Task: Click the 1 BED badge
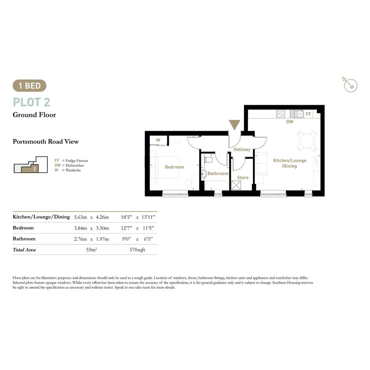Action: pos(29,86)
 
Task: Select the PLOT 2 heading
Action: pos(31,102)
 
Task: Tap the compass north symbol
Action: pos(350,85)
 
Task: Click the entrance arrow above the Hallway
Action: pos(234,125)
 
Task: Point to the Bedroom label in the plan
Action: pos(174,167)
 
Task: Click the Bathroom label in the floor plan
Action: pos(218,173)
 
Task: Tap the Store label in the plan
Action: pos(243,177)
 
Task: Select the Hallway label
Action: pos(242,149)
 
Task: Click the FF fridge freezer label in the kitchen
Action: pos(309,114)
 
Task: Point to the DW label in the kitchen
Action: pos(290,122)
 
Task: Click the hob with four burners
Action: pos(281,114)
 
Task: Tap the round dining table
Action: pos(307,141)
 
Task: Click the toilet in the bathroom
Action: pos(209,159)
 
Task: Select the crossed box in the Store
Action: pos(236,185)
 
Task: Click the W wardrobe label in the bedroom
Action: pos(158,140)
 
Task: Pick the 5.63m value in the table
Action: pos(81,217)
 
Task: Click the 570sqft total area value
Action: pos(137,250)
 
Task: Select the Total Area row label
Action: pos(24,250)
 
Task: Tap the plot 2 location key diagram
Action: pos(31,164)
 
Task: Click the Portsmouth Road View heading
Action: pos(45,142)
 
